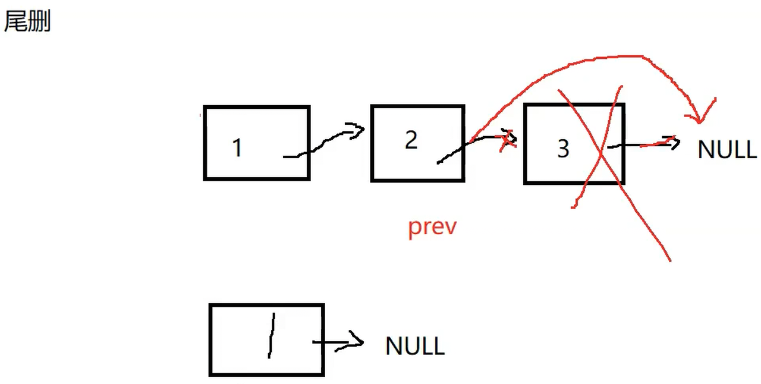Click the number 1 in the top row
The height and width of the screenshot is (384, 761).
click(237, 147)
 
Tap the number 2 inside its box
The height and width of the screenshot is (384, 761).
click(411, 140)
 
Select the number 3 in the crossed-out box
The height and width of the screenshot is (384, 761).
click(563, 149)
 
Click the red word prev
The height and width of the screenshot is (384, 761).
click(432, 226)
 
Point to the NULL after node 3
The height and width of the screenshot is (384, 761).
click(727, 149)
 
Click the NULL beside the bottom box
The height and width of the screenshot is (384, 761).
click(415, 345)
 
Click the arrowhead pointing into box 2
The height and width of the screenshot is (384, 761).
click(359, 130)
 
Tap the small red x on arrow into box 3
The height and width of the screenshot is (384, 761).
click(507, 140)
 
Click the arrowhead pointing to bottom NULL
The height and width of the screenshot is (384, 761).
click(357, 341)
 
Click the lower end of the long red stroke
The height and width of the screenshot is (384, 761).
click(669, 259)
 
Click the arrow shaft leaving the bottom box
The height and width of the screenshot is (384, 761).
click(330, 342)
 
